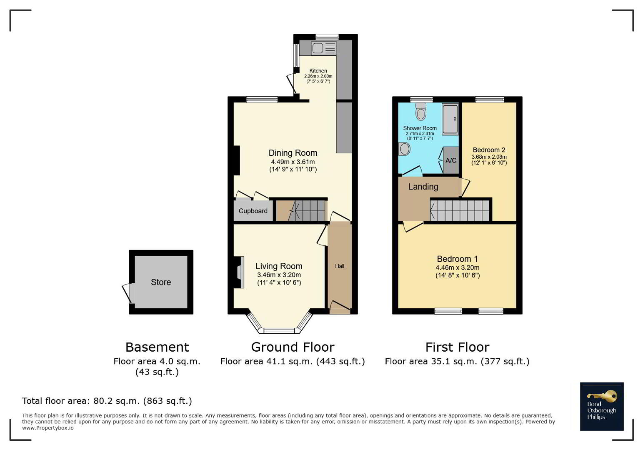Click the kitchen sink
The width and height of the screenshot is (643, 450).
tap(323, 48)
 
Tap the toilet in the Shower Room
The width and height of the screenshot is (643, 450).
tap(421, 111)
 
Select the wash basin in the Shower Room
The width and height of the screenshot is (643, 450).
tap(404, 149)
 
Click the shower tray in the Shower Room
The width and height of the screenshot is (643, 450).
tap(450, 119)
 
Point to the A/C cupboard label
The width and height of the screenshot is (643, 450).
tap(450, 160)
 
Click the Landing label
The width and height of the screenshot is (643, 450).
tap(423, 187)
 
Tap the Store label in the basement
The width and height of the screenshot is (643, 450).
tap(161, 282)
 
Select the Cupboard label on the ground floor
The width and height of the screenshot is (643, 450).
tap(253, 211)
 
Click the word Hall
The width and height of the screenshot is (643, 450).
tap(340, 266)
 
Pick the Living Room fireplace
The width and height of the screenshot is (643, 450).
tap(239, 272)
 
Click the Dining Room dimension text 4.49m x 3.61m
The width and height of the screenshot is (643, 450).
tap(293, 162)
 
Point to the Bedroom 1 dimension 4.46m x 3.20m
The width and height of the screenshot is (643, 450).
tap(457, 268)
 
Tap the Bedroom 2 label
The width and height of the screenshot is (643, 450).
tap(489, 150)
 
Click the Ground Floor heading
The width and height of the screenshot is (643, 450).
tap(293, 347)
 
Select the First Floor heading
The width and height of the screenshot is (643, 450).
tap(457, 347)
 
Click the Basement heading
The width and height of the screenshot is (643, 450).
tap(157, 347)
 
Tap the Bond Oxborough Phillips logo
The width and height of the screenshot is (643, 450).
tap(602, 406)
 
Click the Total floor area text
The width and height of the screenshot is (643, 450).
tap(107, 401)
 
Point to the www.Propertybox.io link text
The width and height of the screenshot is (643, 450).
tap(48, 428)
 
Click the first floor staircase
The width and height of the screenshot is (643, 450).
tap(460, 210)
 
